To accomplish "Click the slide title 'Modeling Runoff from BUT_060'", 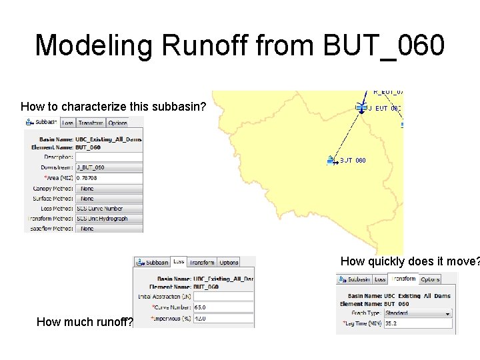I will click(239, 45).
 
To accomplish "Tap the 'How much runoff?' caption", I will click(85, 323).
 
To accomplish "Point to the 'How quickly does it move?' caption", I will click(409, 261).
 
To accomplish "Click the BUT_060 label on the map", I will click(353, 161).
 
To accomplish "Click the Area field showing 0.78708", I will click(109, 178).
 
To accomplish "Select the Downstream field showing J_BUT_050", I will click(109, 168).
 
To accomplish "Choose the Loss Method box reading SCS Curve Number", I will click(109, 209).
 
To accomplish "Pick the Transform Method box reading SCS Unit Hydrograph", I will click(109, 219).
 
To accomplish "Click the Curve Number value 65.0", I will click(223, 307).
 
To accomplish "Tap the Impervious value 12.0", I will click(223, 318).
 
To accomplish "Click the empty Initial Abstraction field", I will click(223, 297).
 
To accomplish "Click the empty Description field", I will click(109, 157).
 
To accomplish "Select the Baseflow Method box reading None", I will click(109, 229).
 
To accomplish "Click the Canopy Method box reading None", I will click(109, 189).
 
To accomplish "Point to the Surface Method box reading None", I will click(109, 199).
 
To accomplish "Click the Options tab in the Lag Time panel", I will click(430, 279).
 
